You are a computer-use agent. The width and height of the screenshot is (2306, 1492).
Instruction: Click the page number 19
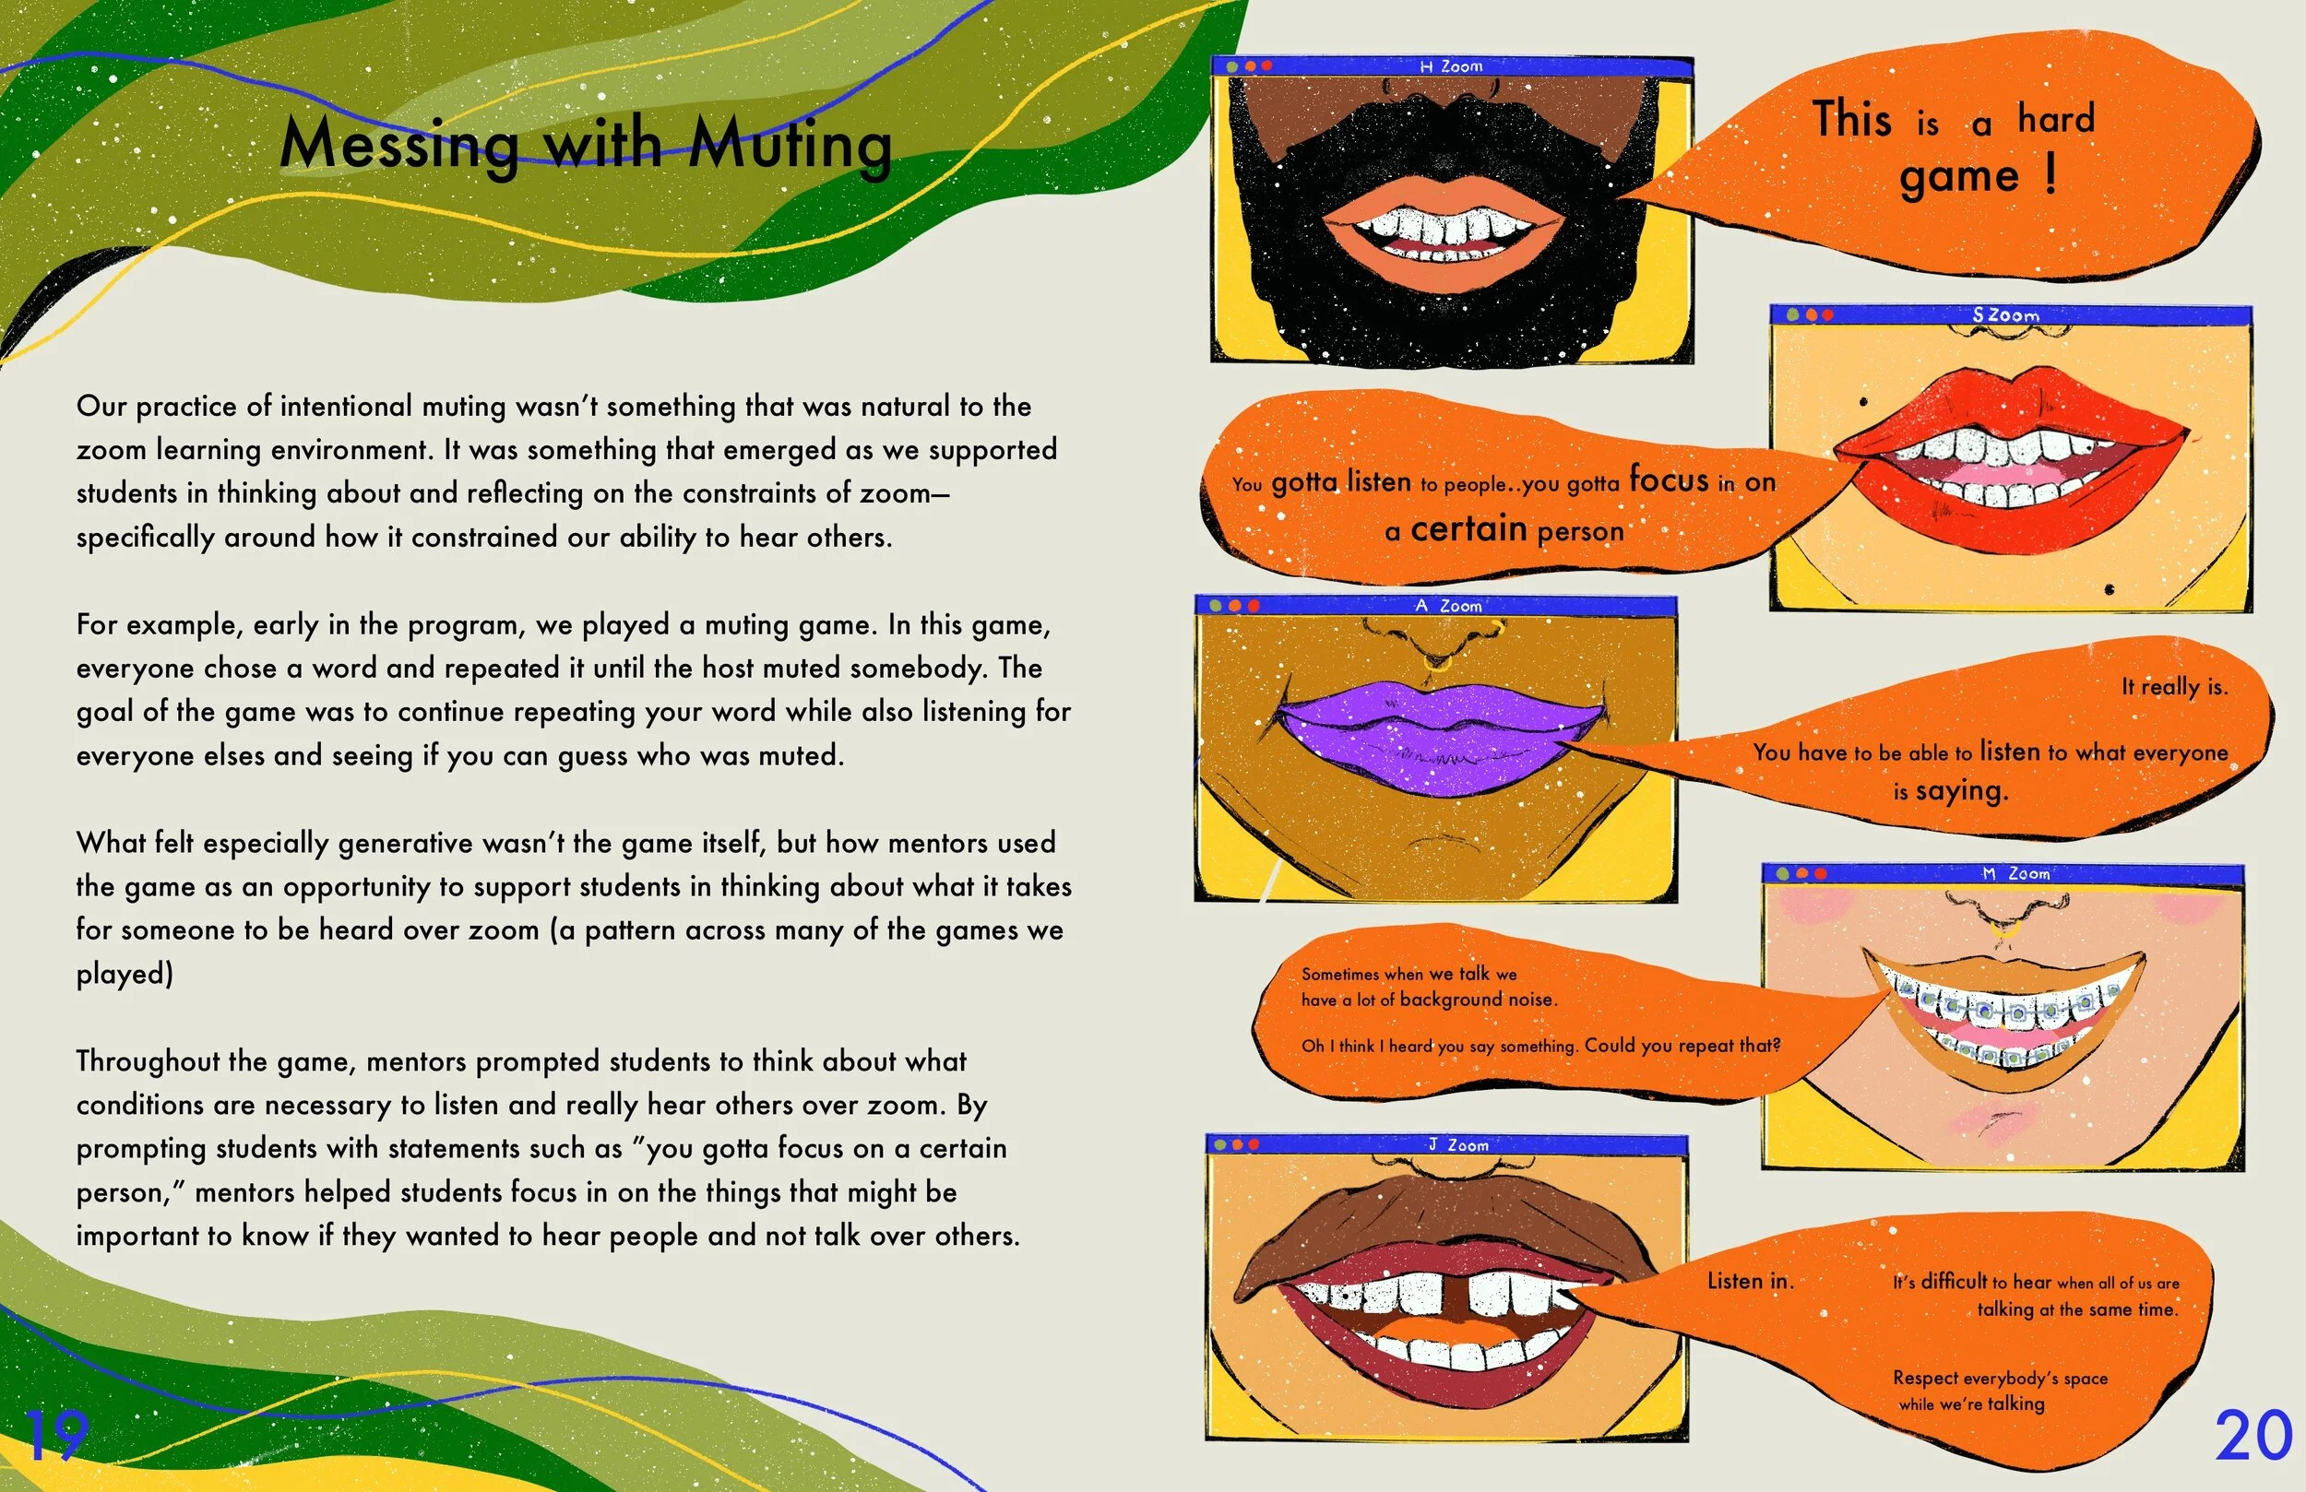[56, 1435]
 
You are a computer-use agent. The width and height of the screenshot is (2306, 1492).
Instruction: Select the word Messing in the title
[399, 146]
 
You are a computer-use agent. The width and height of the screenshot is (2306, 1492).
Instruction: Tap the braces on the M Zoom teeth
[2005, 1012]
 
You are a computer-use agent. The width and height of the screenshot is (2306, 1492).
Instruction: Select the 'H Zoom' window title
[1450, 66]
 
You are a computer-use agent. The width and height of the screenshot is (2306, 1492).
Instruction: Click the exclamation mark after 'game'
[2050, 174]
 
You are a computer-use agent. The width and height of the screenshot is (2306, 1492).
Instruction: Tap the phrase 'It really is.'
[2174, 687]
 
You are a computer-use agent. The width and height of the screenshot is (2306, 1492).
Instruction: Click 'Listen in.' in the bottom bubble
[1750, 1281]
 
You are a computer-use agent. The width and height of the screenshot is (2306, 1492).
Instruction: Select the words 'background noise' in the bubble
[1478, 1000]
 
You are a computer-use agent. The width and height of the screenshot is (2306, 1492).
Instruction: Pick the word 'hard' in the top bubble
[2056, 119]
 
